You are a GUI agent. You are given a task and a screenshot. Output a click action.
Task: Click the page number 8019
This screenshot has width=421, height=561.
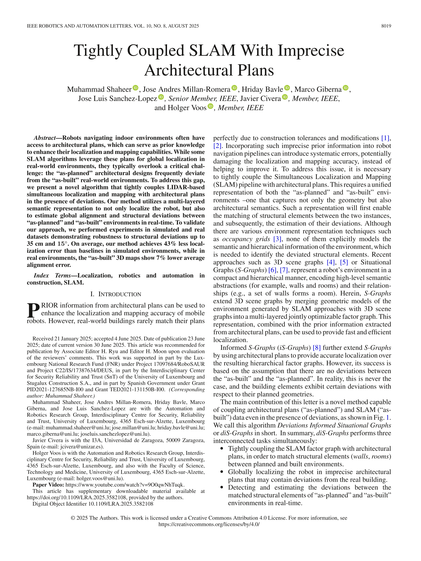(x=386, y=26)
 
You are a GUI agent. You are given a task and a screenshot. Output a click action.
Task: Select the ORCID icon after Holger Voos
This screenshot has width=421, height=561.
(x=210, y=106)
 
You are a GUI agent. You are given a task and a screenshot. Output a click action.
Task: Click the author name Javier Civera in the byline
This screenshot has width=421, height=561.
(x=260, y=98)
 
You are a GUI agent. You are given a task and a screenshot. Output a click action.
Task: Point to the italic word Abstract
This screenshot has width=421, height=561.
(x=45, y=138)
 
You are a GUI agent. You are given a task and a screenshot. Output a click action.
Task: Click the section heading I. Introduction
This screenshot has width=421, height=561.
(x=116, y=294)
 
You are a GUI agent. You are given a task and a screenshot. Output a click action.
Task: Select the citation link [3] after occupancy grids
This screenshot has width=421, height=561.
(x=277, y=239)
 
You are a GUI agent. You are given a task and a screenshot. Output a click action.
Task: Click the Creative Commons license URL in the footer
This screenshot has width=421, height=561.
(x=209, y=524)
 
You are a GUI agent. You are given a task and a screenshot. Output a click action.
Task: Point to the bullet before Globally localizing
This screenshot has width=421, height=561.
(x=222, y=472)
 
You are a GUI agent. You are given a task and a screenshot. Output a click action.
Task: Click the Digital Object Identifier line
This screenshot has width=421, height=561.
(x=93, y=504)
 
